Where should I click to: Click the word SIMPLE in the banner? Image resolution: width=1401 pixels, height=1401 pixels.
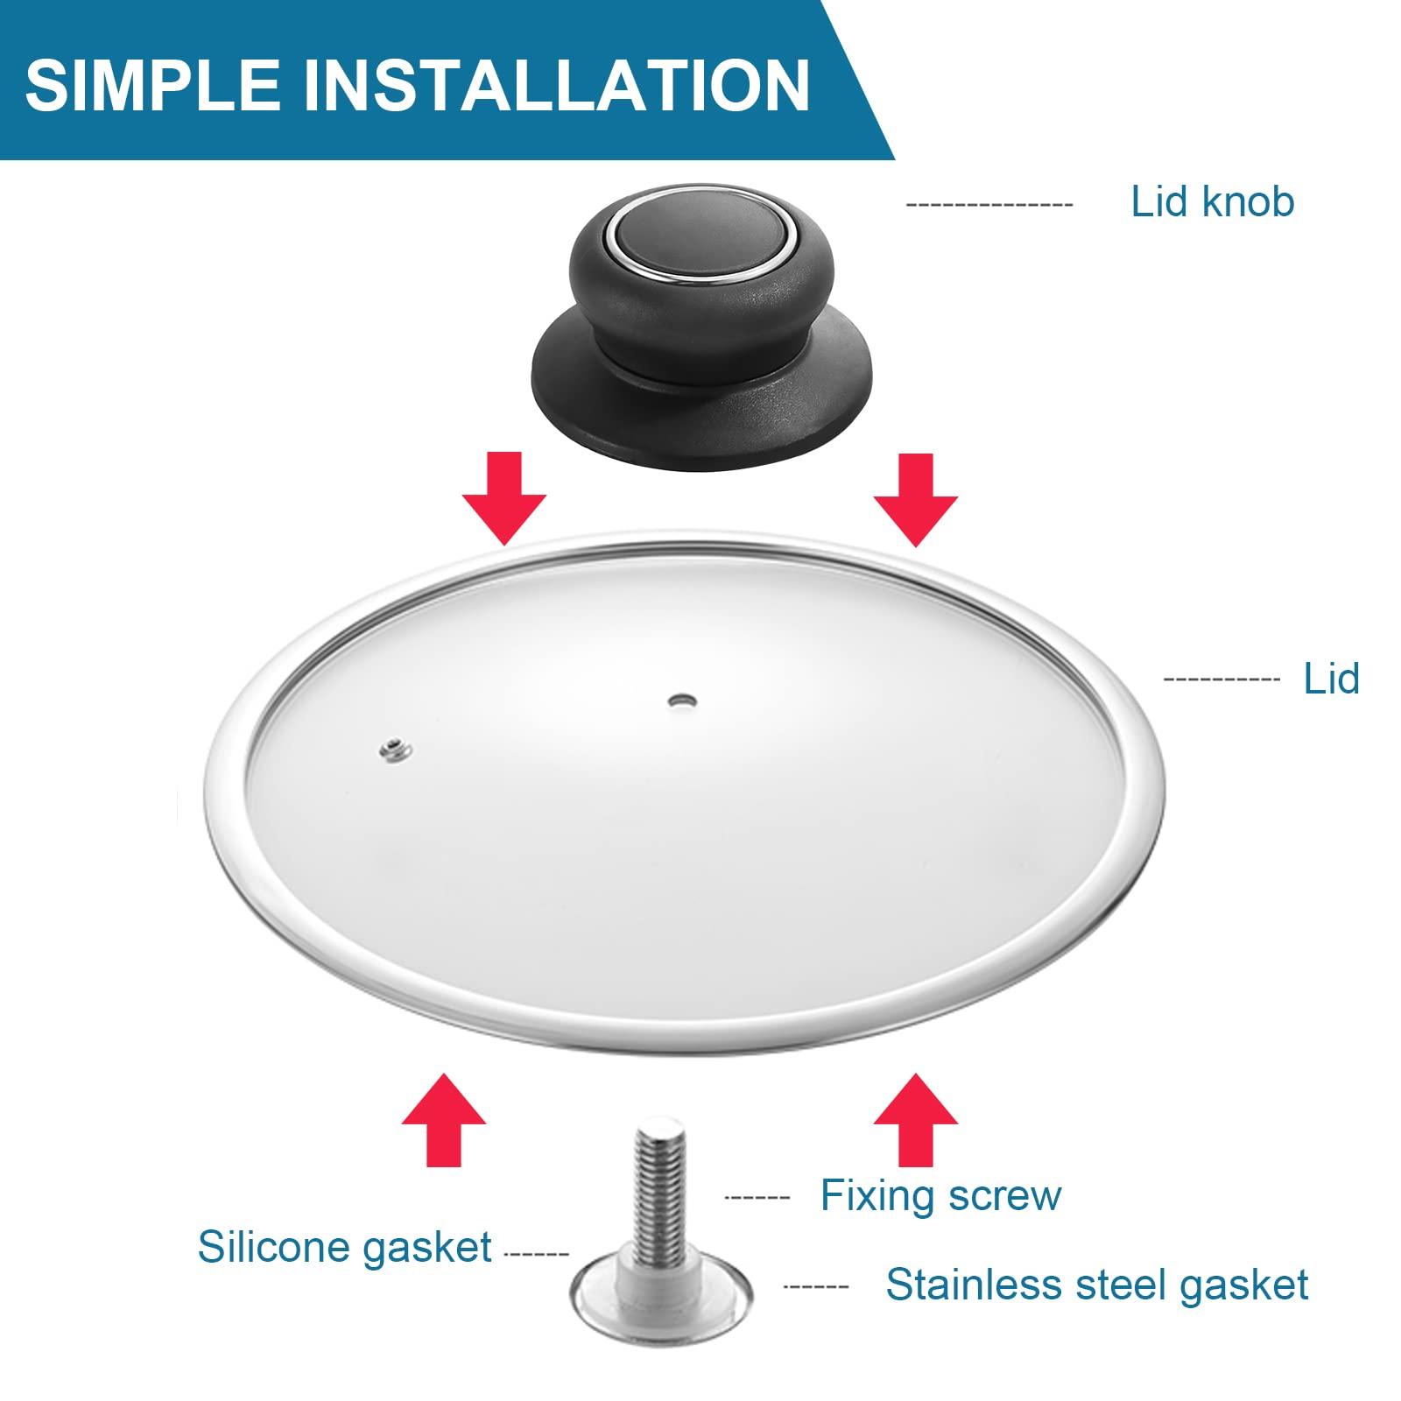tap(153, 84)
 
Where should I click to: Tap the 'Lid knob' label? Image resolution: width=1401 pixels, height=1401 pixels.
tap(1212, 201)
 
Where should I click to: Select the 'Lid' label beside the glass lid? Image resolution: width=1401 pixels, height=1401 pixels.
tap(1331, 678)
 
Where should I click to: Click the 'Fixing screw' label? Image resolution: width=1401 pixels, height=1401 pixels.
tap(940, 1195)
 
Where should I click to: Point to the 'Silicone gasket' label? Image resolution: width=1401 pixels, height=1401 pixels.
tap(344, 1247)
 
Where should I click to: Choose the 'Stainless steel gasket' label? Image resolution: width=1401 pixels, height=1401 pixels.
tap(1096, 1285)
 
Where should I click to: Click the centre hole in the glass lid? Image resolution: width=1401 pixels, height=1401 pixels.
tap(680, 700)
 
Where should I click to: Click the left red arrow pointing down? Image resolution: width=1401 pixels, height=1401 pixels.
tap(504, 498)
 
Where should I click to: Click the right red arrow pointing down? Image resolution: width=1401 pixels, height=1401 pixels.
tap(916, 498)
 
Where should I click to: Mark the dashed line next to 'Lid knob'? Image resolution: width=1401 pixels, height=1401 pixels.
tap(989, 206)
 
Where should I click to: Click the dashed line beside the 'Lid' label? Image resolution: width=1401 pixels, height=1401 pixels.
tap(1221, 679)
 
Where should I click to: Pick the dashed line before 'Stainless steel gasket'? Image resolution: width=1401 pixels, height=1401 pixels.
tap(815, 1287)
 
